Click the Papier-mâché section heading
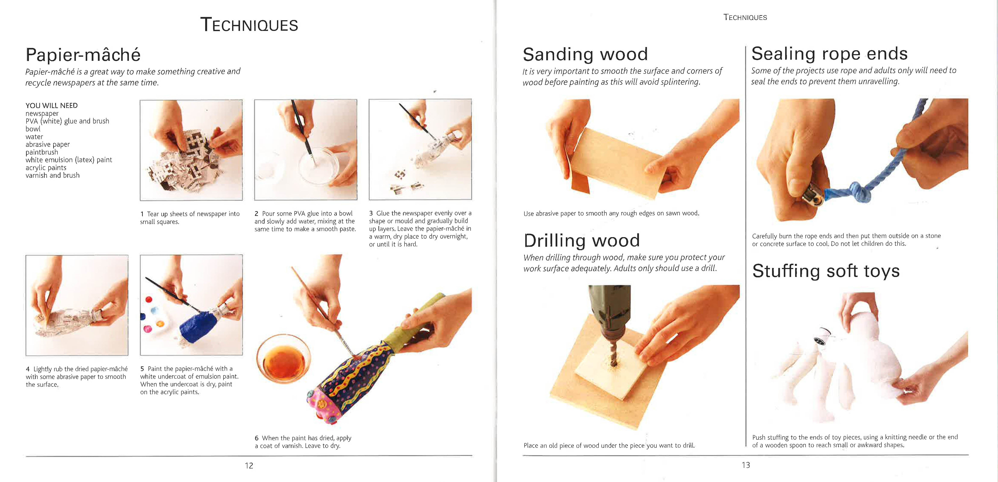tap(83, 55)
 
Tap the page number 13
tap(746, 465)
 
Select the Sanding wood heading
tap(585, 54)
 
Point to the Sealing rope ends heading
tap(829, 53)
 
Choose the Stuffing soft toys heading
tap(826, 271)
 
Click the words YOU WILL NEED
tap(52, 105)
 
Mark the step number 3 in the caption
tap(371, 213)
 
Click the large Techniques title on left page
tap(249, 25)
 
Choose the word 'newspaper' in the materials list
tap(42, 113)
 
